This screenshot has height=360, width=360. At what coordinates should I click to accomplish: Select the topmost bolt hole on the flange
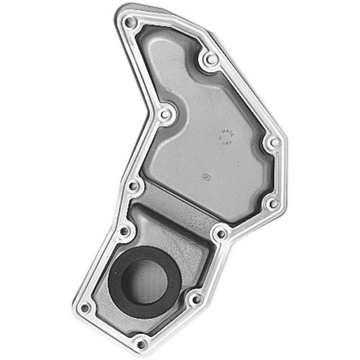pyautogui.click(x=130, y=23)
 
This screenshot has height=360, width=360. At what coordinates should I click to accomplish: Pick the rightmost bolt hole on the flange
pyautogui.click(x=273, y=143)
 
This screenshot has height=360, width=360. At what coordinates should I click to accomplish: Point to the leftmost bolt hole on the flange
pyautogui.click(x=85, y=308)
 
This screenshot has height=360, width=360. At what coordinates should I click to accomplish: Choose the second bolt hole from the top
pyautogui.click(x=210, y=59)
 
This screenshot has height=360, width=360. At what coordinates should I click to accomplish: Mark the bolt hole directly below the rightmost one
pyautogui.click(x=272, y=204)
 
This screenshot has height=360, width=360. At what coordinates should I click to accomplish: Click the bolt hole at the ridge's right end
pyautogui.click(x=221, y=233)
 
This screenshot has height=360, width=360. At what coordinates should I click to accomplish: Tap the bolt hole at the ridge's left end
pyautogui.click(x=134, y=186)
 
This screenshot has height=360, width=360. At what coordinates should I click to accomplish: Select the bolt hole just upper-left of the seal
pyautogui.click(x=124, y=231)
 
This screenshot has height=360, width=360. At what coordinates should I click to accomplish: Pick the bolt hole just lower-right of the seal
pyautogui.click(x=195, y=298)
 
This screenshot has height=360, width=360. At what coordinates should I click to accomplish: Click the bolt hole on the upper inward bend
pyautogui.click(x=166, y=113)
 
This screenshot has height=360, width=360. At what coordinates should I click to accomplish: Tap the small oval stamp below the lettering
pyautogui.click(x=205, y=177)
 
